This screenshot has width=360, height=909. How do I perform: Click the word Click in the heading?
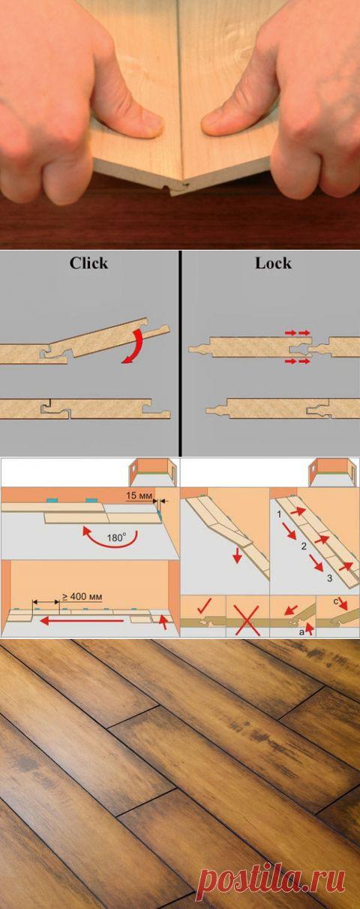[89, 263]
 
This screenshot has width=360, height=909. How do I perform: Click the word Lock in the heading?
[273, 263]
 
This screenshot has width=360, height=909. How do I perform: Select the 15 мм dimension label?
[139, 496]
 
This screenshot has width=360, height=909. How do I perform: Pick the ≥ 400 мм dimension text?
[82, 596]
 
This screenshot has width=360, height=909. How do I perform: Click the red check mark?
[204, 605]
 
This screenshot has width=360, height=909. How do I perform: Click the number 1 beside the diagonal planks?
[279, 514]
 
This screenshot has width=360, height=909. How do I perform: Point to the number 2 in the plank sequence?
[304, 546]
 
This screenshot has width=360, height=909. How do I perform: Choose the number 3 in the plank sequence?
[329, 577]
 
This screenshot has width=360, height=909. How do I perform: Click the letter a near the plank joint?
[301, 631]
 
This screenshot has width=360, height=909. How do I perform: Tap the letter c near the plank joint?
[336, 601]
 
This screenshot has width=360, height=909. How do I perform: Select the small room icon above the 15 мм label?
[154, 472]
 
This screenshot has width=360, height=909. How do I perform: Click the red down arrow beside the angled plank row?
[238, 556]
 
